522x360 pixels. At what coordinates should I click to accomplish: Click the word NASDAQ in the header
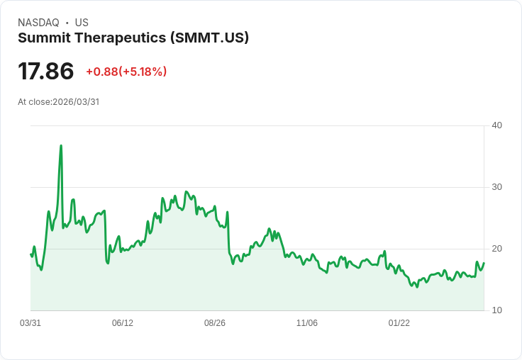[38, 23]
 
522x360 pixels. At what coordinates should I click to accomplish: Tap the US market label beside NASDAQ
[82, 23]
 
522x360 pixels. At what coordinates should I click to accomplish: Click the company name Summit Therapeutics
[91, 38]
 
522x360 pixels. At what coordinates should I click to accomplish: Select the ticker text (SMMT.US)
[210, 38]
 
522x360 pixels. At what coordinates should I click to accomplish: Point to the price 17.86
[46, 72]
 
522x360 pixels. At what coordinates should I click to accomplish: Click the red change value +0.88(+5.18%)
[126, 72]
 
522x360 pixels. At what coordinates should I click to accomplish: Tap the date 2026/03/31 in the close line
[76, 102]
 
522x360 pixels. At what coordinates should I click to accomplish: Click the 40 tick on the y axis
[496, 125]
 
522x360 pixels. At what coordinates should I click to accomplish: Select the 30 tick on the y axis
[496, 187]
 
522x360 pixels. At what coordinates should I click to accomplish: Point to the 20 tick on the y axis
[496, 249]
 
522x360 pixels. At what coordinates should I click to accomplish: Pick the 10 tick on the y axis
[496, 310]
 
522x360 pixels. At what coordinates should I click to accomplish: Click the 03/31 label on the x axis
[30, 323]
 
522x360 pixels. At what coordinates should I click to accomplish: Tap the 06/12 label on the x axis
[123, 323]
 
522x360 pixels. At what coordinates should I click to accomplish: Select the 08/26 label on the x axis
[215, 323]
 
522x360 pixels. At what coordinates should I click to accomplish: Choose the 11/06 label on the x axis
[307, 323]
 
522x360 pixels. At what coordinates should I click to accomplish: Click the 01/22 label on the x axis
[399, 323]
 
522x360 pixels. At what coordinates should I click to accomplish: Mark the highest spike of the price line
[61, 146]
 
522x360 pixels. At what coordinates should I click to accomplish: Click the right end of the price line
[484, 264]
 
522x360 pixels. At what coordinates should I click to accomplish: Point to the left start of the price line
[30, 254]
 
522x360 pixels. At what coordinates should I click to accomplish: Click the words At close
[34, 102]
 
